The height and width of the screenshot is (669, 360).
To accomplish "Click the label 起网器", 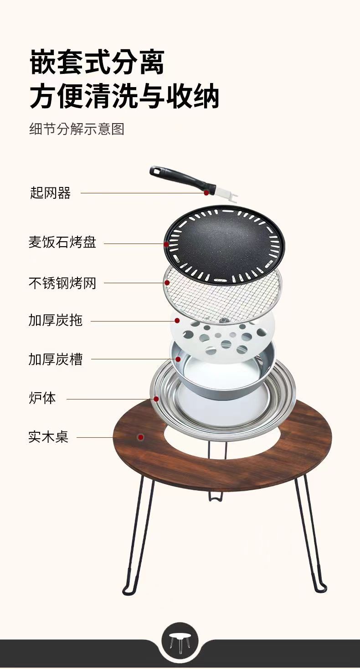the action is pos(50,193).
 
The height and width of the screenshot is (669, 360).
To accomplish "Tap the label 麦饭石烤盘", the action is pos(62,242).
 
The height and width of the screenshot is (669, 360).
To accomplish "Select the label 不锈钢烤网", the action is pos(62,283).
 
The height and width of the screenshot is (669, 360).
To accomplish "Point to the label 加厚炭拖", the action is pos(56,321).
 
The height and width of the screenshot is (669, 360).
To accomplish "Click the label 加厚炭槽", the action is pos(56,359).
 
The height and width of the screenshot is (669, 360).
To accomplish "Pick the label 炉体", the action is pos(42,398).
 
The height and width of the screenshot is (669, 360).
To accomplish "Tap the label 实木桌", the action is pos(49,437).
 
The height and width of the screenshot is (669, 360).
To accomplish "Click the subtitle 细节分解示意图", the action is pos(77,129).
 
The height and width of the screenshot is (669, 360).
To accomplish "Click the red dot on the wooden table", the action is pos(141,437).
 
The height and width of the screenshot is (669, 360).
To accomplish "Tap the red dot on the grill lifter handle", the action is pos(206,193).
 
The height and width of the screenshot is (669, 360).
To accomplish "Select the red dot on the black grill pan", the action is pos(166,244).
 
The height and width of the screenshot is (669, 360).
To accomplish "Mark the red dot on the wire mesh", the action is pos(167,283).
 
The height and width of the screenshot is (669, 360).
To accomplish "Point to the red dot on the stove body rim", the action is pos(156,399).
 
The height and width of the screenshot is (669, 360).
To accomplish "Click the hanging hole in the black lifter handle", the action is pos(156,171).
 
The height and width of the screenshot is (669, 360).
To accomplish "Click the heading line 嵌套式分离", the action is pos(98,62).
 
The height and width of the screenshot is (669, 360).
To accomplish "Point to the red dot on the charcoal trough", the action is pos(178,359).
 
